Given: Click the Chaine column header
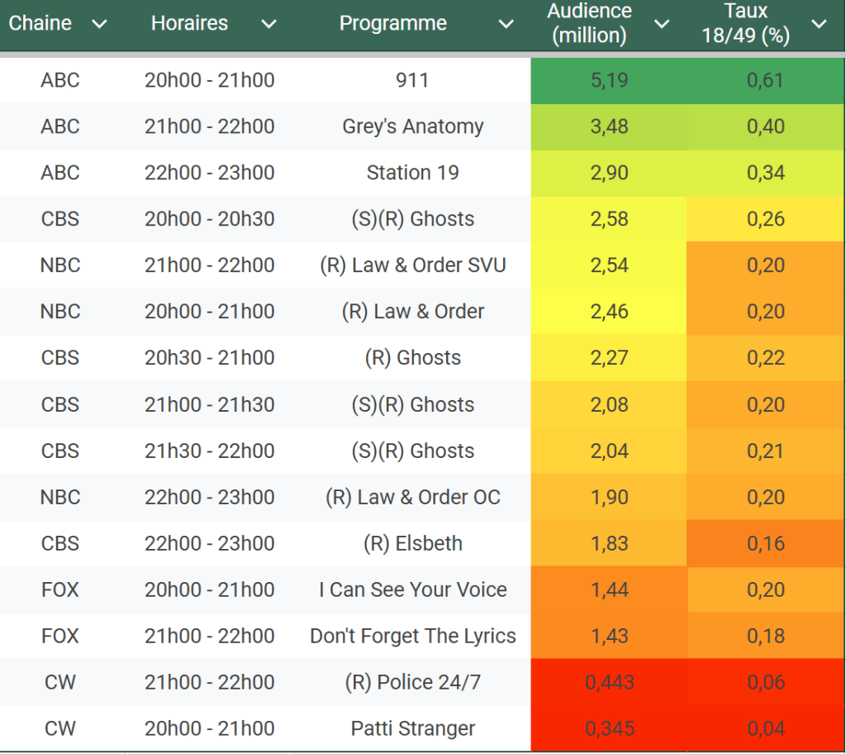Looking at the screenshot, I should tap(40, 23).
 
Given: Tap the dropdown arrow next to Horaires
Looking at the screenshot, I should tap(269, 24).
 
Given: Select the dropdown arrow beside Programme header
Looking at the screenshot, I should tap(506, 24).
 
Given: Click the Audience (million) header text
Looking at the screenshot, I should tap(589, 23).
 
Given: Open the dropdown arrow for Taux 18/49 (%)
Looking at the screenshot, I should tap(819, 24).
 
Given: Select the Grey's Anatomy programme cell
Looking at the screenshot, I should tap(412, 126).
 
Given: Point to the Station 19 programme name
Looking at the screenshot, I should tap(412, 173).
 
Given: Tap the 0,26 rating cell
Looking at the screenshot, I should tap(765, 219).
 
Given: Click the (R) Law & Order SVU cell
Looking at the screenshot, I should tap(412, 265).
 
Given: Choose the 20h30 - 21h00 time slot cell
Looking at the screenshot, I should tap(209, 358).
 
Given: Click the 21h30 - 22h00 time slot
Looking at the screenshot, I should tap(209, 451).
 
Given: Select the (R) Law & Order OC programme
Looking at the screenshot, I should tap(412, 497).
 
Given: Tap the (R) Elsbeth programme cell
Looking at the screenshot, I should tap(412, 543).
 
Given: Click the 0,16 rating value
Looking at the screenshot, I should tap(765, 543).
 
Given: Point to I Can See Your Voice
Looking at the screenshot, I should tap(412, 589).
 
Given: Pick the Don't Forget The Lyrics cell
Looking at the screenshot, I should tap(412, 636).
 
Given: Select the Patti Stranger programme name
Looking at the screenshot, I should tap(412, 728).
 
